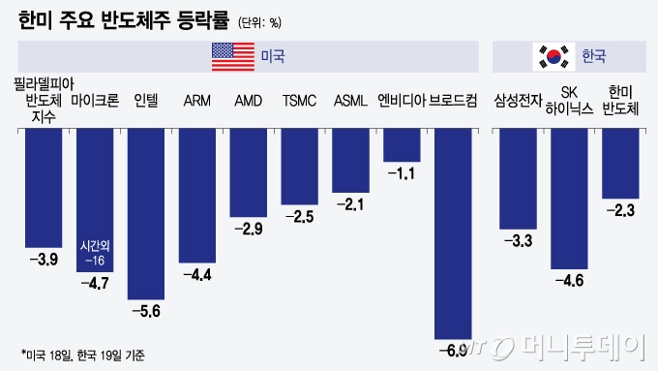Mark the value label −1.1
click(x=402, y=173)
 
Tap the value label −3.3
click(x=519, y=240)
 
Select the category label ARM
click(x=197, y=100)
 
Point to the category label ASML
click(x=350, y=100)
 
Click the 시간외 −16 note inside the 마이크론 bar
click(x=95, y=254)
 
